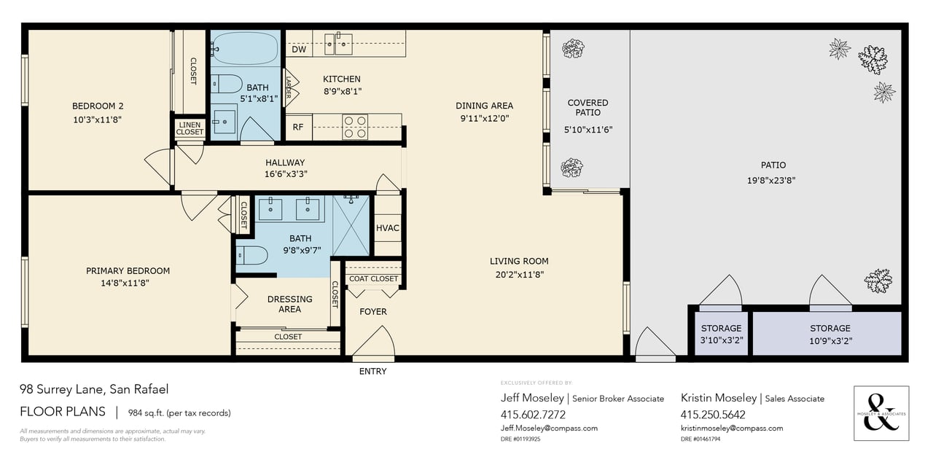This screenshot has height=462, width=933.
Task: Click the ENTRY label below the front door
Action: coord(372,372)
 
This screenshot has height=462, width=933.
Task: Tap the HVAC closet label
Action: coord(388,228)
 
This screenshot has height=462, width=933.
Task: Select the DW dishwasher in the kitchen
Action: coord(299,50)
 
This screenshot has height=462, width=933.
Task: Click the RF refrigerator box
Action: coord(298,127)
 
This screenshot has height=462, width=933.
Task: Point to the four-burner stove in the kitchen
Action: coord(355,127)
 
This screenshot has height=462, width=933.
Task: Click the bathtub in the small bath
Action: coord(244,49)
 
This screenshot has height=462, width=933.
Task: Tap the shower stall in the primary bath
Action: coord(351,226)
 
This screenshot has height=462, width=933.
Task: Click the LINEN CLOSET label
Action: coord(190,128)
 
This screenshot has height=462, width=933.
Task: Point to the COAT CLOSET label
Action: coord(373,278)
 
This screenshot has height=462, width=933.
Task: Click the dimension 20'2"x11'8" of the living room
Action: coord(518,275)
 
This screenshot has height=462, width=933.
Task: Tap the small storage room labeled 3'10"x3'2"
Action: coord(721,334)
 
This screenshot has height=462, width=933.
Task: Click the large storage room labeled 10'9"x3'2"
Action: coord(829,334)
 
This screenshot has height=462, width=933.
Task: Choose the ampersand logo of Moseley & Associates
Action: coord(881,412)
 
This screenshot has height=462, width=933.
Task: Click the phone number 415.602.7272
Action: coord(533,414)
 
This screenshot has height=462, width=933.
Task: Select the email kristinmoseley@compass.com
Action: coord(732,428)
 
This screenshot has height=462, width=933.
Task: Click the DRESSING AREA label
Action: coord(289,304)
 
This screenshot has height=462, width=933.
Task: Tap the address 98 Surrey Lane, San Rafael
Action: coord(94,390)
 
